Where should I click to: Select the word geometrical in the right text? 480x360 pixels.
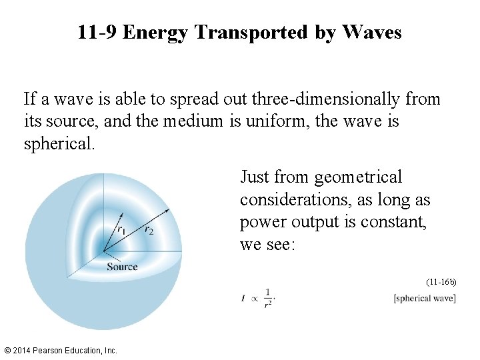(x=358, y=177)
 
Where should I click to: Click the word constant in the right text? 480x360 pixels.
(x=395, y=223)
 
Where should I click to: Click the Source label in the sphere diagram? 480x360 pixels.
(x=122, y=267)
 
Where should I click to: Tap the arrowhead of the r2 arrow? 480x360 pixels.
(x=167, y=210)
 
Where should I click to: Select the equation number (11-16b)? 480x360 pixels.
(x=441, y=282)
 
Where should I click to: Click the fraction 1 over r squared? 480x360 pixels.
(x=267, y=297)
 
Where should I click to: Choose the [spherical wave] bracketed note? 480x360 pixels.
(x=425, y=298)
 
